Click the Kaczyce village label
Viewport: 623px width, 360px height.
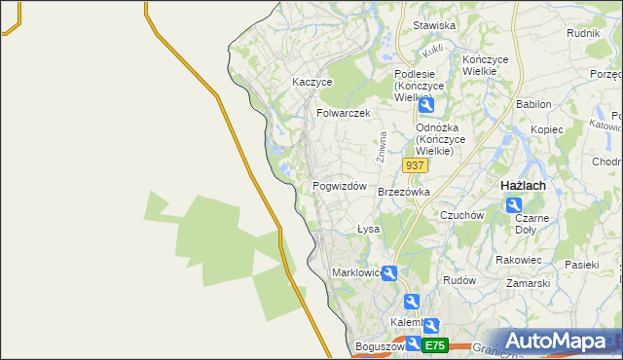[312, 83]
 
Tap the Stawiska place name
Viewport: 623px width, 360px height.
[434, 25]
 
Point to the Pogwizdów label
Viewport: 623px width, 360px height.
[339, 186]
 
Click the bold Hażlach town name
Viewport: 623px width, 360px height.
[522, 185]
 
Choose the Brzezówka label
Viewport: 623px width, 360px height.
[403, 192]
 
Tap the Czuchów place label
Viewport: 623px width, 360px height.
[461, 215]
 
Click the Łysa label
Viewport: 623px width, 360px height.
[368, 229]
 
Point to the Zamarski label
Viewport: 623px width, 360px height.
[529, 283]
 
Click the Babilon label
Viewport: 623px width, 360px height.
[533, 104]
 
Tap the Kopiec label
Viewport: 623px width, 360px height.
[547, 129]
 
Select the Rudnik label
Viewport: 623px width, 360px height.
[582, 32]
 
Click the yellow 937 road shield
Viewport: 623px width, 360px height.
[414, 165]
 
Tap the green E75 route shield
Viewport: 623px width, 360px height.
[434, 345]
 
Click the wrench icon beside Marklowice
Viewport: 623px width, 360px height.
[389, 273]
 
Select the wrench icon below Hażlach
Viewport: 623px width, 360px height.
[513, 204]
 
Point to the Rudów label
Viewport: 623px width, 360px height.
[458, 279]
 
